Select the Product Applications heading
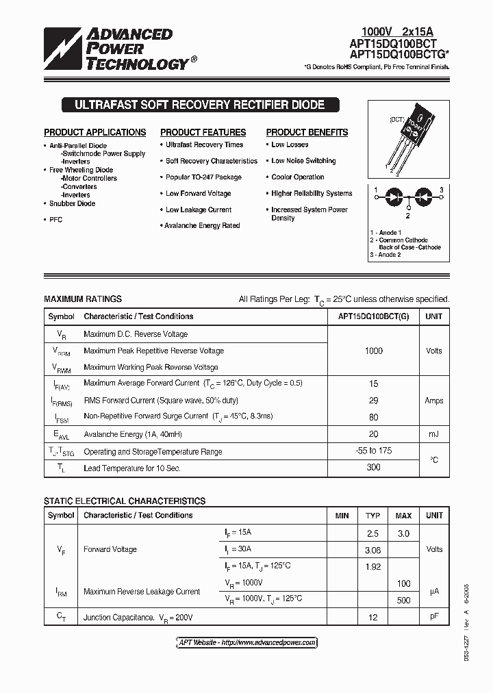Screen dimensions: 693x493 [95, 132]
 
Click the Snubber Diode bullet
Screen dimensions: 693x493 [72, 203]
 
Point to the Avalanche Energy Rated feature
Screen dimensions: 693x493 [202, 225]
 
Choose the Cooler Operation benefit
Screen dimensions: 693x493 [298, 177]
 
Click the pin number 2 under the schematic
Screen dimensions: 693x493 [407, 216]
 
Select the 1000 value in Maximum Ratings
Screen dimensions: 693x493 [374, 351]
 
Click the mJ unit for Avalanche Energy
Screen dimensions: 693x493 [433, 434]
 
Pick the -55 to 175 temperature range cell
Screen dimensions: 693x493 [374, 451]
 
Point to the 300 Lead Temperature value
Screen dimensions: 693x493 [374, 468]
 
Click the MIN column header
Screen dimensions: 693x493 [342, 516]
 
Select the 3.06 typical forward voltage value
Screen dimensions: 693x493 [373, 549]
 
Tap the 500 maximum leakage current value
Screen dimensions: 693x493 [404, 600]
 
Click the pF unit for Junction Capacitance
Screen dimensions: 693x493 [434, 616]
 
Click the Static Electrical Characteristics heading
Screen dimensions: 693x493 [125, 501]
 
